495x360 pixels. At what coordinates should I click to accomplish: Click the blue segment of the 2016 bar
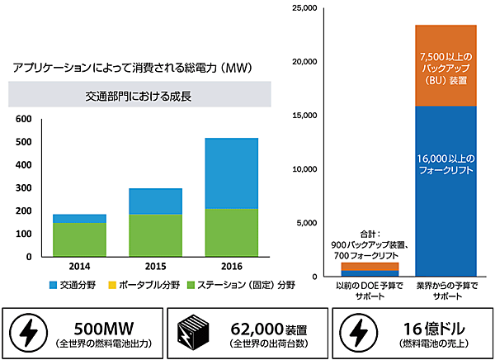232,173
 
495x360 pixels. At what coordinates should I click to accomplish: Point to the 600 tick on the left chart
24,119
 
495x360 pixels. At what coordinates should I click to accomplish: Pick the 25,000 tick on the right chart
304,8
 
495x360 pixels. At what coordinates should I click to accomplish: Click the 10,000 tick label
304,168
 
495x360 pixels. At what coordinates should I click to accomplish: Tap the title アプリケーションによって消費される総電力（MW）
132,66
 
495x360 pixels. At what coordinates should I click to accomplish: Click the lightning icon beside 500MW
28,332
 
